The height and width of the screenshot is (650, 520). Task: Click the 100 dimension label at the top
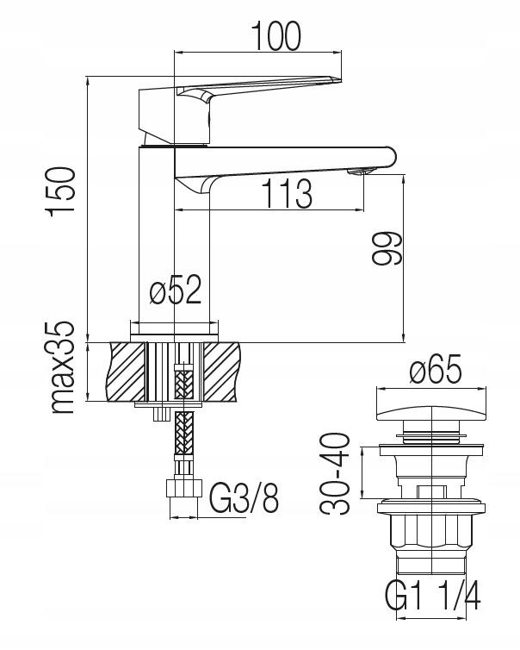(x=276, y=35)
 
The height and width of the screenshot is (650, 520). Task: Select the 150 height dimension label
(x=62, y=192)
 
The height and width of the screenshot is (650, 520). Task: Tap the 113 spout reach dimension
(x=287, y=194)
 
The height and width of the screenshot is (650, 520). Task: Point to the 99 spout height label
(x=387, y=248)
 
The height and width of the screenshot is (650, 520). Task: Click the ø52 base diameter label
(x=175, y=290)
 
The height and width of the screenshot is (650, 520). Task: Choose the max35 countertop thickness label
(x=62, y=367)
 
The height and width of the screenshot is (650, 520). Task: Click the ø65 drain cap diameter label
(x=436, y=368)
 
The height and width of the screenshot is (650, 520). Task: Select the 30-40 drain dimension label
(x=335, y=473)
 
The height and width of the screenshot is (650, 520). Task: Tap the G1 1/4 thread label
(x=432, y=596)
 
